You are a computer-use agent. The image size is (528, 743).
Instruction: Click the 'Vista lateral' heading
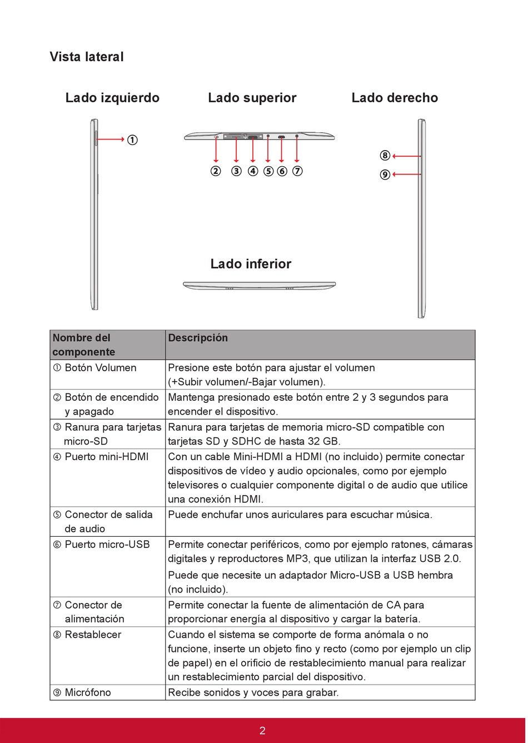87,57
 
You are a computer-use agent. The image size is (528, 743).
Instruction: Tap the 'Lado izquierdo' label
112,98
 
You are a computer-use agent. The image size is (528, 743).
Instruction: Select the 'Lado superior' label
252,98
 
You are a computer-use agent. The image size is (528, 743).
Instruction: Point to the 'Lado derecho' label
395,98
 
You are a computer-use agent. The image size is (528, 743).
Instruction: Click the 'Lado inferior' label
251,264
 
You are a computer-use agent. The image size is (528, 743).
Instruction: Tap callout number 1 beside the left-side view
132,140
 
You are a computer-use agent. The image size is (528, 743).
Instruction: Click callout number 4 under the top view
253,171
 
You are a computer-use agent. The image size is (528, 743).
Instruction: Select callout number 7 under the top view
297,171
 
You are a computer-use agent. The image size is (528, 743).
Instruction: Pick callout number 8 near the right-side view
385,156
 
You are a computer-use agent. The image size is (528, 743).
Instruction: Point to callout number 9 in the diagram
385,174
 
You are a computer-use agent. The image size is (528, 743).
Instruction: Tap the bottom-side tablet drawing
259,286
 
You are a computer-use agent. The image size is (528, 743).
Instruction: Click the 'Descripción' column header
198,338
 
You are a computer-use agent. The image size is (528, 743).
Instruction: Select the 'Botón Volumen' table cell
100,368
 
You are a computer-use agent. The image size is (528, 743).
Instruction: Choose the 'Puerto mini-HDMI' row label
106,457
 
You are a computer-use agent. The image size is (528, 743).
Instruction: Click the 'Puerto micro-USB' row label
107,545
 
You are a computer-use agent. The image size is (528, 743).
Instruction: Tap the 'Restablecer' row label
93,635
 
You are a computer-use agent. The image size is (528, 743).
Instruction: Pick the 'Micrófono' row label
88,692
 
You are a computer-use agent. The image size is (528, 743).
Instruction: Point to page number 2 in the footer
262,731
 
